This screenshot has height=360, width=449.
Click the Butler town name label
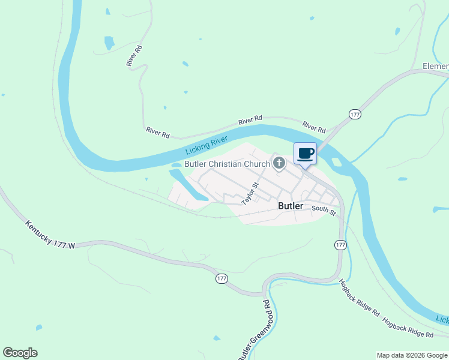click(x=291, y=206)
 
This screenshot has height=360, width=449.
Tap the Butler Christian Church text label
click(x=228, y=164)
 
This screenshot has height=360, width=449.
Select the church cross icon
click(x=279, y=163)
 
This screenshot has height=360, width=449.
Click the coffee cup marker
click(x=305, y=154)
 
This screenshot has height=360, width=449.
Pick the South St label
click(x=323, y=209)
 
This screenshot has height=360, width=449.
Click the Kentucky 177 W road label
click(x=50, y=235)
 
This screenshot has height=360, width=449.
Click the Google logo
click(x=20, y=353)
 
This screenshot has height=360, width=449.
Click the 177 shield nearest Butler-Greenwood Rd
click(x=221, y=279)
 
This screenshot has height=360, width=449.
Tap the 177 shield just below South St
click(x=340, y=245)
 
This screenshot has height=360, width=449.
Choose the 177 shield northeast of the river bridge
click(x=355, y=114)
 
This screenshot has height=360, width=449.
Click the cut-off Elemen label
click(x=435, y=65)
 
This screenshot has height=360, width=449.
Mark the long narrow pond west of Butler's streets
click(x=187, y=185)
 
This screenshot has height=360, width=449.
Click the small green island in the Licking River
click(x=336, y=162)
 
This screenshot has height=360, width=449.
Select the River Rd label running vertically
click(x=134, y=56)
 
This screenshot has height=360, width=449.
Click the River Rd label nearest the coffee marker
click(x=314, y=127)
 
